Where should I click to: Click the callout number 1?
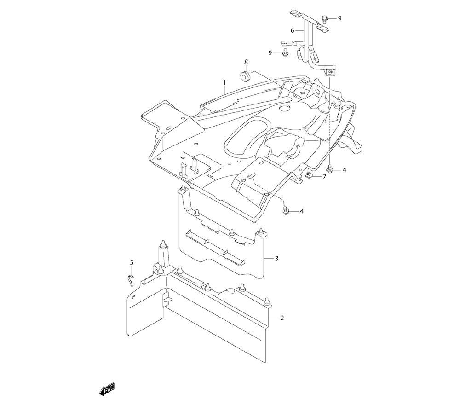coord(224,83)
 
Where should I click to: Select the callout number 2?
coord(282,318)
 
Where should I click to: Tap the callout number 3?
coord(276,259)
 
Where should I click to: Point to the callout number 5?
coord(132,262)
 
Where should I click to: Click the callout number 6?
coord(292,30)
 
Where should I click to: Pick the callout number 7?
coord(324,176)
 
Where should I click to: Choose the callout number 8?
coord(246,62)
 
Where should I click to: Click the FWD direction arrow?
coord(107,389)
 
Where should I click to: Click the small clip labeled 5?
coord(131,278)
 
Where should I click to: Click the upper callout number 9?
coord(340,18)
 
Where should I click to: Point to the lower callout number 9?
coord(270,53)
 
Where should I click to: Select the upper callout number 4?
coord(344,170)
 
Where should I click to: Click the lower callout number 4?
coord(302,211)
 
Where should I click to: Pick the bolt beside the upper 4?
coord(330,169)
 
